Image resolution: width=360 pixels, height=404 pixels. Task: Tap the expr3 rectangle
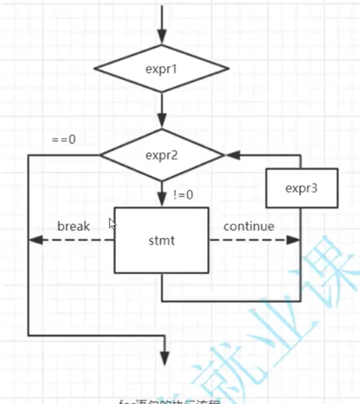pos(301,188)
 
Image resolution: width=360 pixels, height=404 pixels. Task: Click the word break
pos(74,226)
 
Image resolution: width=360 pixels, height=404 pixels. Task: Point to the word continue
pos(249,226)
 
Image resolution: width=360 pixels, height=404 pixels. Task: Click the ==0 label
pos(63,139)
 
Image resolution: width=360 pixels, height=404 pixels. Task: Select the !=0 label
pos(183,195)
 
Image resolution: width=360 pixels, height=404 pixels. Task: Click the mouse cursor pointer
pos(112,224)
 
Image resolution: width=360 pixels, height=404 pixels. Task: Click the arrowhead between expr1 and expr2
pos(162,120)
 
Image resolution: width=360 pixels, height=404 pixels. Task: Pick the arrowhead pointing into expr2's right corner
pos(232,155)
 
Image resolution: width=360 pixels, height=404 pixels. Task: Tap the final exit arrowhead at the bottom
pos(166,358)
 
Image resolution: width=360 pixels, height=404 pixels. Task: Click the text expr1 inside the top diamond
pos(161,69)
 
